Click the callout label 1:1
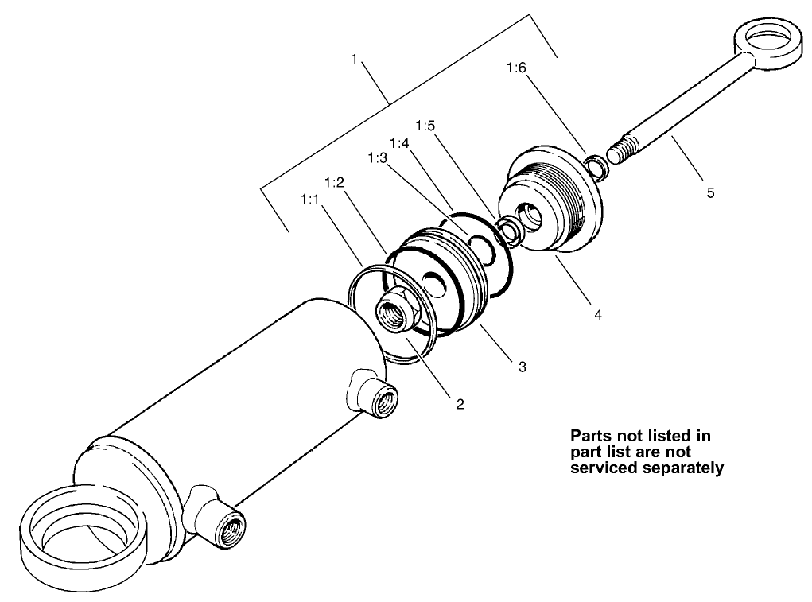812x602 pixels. [x=309, y=200]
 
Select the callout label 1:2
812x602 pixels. [x=334, y=181]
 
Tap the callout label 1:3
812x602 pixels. [x=377, y=158]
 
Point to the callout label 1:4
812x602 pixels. [x=400, y=143]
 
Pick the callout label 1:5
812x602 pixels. [x=425, y=126]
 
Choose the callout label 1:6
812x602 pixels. [x=516, y=68]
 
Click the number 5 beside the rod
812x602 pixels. [x=710, y=192]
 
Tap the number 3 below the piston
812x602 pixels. [x=522, y=367]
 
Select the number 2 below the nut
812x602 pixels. [x=460, y=403]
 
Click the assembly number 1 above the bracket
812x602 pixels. [x=354, y=58]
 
